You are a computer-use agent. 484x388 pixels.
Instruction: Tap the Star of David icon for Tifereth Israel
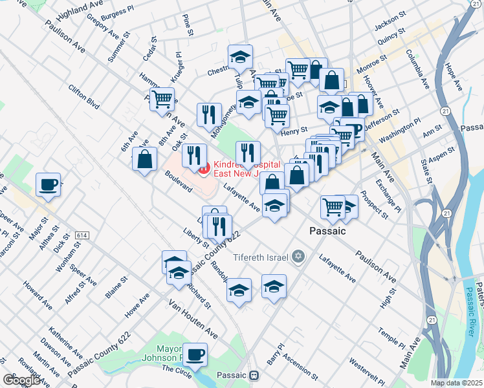tap(298, 257)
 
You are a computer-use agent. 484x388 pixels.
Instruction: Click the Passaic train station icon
tap(255, 375)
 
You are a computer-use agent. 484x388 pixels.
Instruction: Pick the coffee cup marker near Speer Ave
tap(49, 185)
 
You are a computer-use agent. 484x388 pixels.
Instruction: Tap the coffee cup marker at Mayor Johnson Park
tap(196, 353)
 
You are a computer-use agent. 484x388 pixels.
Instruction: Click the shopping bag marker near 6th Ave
tap(144, 158)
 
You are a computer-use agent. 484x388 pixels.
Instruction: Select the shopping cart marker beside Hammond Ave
tap(162, 100)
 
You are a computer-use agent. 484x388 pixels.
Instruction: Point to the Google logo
tap(21, 380)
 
